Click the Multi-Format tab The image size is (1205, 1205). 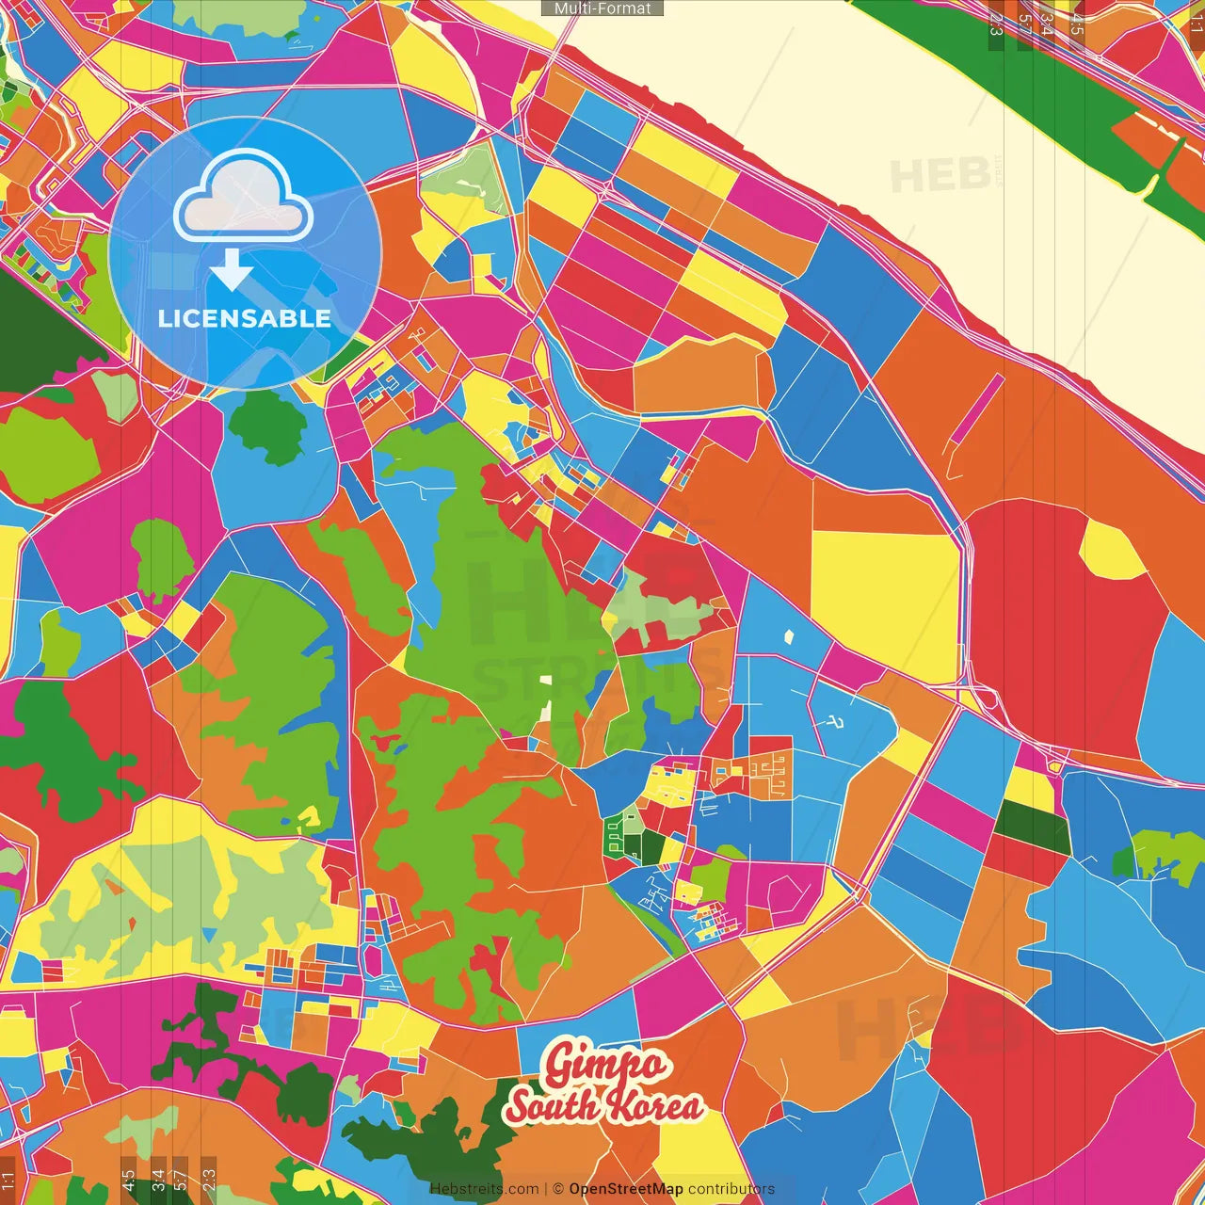pyautogui.click(x=602, y=8)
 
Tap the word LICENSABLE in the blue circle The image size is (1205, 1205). pyautogui.click(x=245, y=318)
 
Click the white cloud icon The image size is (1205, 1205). pyautogui.click(x=244, y=195)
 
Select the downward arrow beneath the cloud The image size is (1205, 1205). pyautogui.click(x=232, y=271)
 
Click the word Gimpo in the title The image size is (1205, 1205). pyautogui.click(x=605, y=1065)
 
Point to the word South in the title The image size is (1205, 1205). pyautogui.click(x=554, y=1106)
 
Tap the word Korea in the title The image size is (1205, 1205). pyautogui.click(x=653, y=1106)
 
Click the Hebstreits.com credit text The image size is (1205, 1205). pyautogui.click(x=484, y=1189)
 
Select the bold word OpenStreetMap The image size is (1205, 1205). pyautogui.click(x=626, y=1189)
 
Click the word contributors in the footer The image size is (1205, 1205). pyautogui.click(x=731, y=1189)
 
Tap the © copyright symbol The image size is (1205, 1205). pyautogui.click(x=557, y=1189)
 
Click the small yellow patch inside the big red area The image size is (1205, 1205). pyautogui.click(x=1111, y=552)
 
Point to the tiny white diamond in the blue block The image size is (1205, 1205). pyautogui.click(x=789, y=635)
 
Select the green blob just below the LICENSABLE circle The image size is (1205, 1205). pyautogui.click(x=268, y=426)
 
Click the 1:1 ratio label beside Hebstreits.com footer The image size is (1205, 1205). pyautogui.click(x=8, y=1180)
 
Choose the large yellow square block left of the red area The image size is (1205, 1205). pyautogui.click(x=884, y=602)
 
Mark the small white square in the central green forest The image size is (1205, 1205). pyautogui.click(x=545, y=680)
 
